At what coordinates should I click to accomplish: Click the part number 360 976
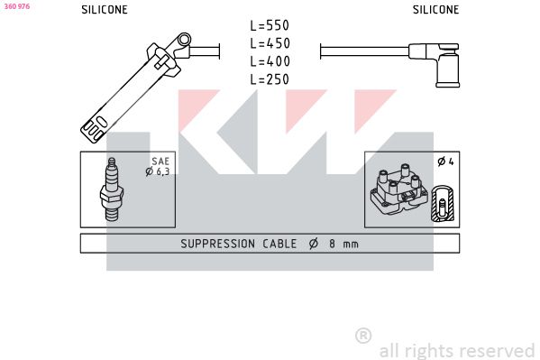tap(17, 6)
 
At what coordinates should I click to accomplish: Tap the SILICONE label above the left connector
tap(105, 10)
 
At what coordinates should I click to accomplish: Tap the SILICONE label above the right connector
tap(435, 10)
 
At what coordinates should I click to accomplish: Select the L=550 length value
tap(270, 25)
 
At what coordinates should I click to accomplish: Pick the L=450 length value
tap(270, 43)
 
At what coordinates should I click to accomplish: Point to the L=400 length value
tap(270, 61)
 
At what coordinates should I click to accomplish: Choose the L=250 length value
tap(270, 79)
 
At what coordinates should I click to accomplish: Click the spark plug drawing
tap(112, 189)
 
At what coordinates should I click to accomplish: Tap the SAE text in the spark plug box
tap(160, 162)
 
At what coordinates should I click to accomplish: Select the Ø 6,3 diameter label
tap(158, 171)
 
